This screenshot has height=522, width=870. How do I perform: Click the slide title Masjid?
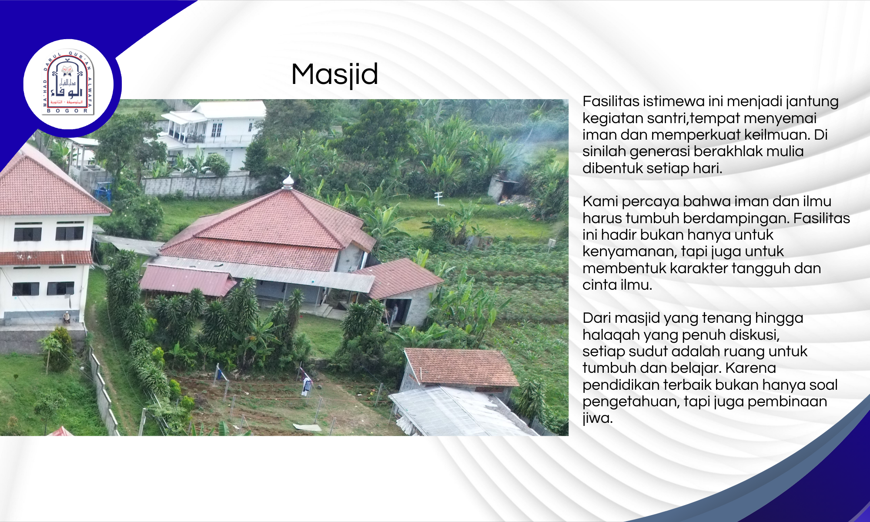tap(335, 74)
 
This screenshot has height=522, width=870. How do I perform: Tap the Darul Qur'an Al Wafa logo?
tap(68, 83)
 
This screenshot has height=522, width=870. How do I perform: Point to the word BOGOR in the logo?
tap(67, 111)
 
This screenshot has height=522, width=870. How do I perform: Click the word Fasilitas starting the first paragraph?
tap(611, 101)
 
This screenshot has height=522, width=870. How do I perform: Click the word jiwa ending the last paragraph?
tap(597, 418)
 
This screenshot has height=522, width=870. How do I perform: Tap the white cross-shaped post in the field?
tap(439, 198)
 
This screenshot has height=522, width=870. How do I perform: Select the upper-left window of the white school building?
tap(27, 234)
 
